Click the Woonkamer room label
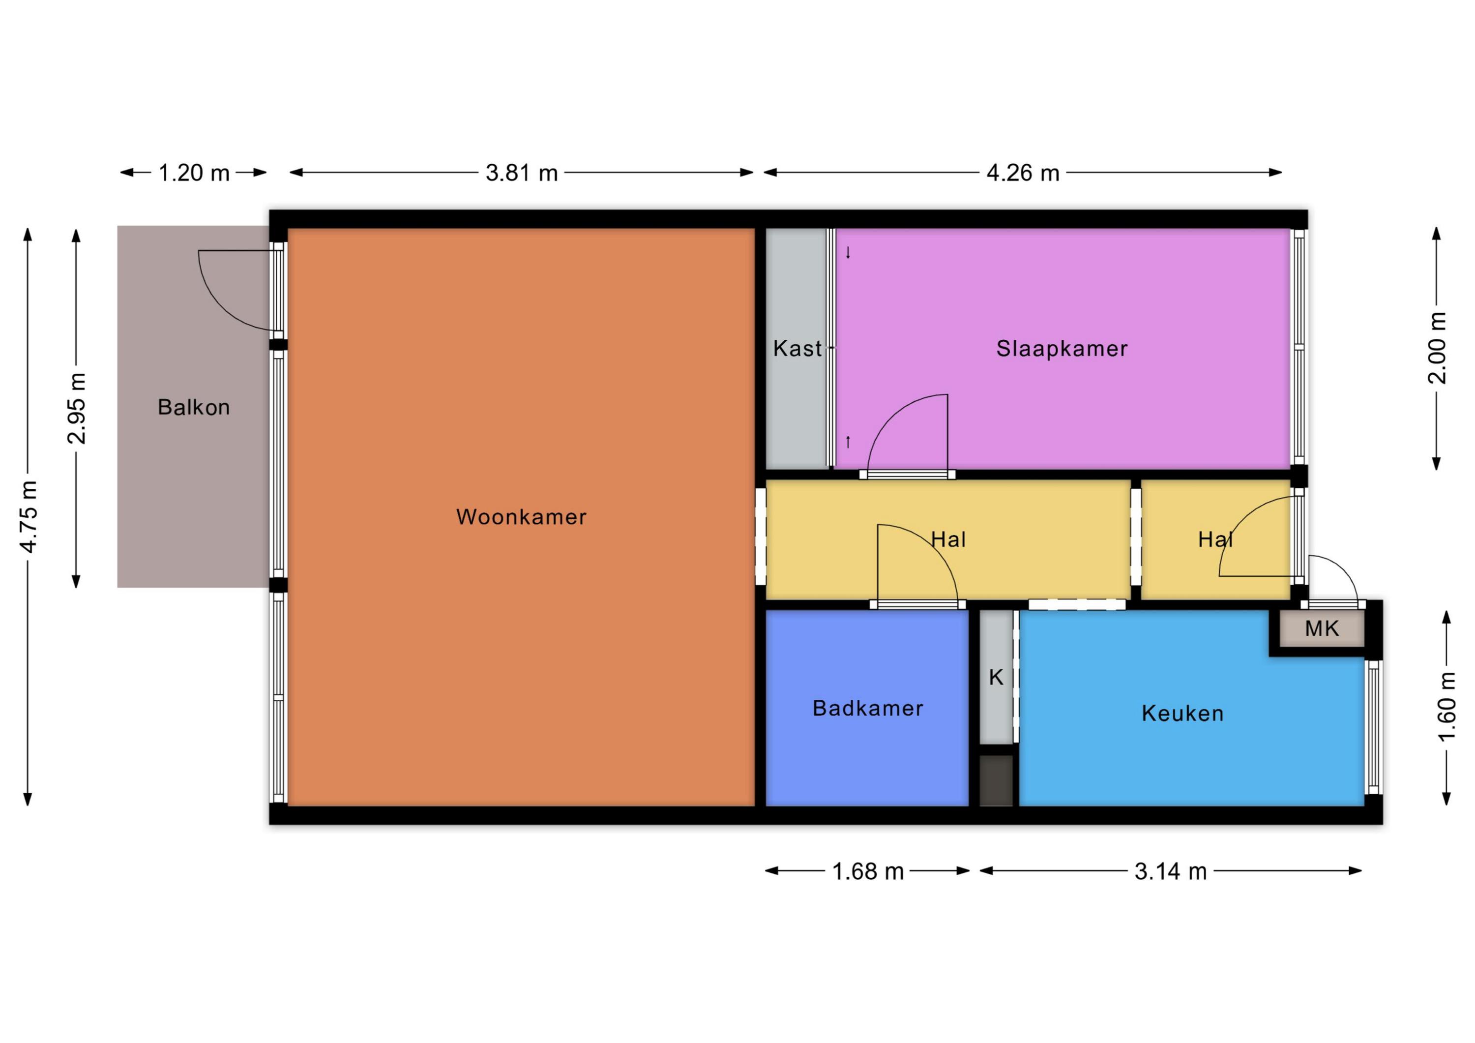pos(521,517)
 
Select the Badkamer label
pos(867,708)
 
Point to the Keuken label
pos(1182,714)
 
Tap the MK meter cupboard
pos(1322,628)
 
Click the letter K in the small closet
pos(996,677)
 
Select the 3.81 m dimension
pos(521,173)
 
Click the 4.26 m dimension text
pos(1023,173)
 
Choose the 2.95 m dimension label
pos(76,408)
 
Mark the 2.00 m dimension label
pos(1437,348)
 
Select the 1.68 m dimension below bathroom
pos(867,871)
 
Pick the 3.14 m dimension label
pos(1171,871)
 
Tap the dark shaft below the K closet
pos(996,780)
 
